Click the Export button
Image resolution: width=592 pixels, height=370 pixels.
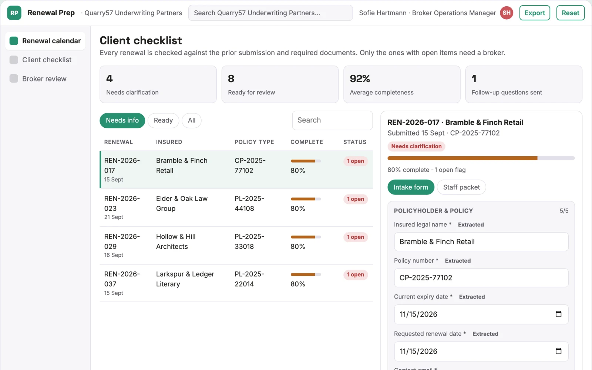click(534, 13)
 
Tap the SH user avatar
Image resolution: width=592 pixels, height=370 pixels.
click(507, 13)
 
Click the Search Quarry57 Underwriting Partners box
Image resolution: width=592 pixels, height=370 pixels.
click(270, 13)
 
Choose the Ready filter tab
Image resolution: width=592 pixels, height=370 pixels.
click(163, 120)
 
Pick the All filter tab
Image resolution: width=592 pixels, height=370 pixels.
click(192, 120)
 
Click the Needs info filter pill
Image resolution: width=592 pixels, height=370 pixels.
click(122, 120)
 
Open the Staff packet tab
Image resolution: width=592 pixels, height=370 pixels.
click(461, 187)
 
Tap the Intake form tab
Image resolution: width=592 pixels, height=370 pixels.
click(411, 187)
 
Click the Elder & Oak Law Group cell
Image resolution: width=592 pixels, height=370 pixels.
click(182, 203)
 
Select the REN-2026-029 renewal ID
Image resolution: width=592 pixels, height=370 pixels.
click(122, 241)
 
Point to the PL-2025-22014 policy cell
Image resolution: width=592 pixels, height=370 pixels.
click(249, 279)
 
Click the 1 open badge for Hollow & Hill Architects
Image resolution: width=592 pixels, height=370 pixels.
click(356, 237)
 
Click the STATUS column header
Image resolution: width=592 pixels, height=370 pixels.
click(355, 142)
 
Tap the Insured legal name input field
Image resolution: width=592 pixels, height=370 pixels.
click(481, 242)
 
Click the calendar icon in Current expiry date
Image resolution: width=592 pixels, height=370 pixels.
click(558, 314)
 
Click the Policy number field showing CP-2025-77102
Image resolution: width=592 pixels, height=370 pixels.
click(481, 278)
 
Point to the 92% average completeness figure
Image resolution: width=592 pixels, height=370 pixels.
click(360, 79)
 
